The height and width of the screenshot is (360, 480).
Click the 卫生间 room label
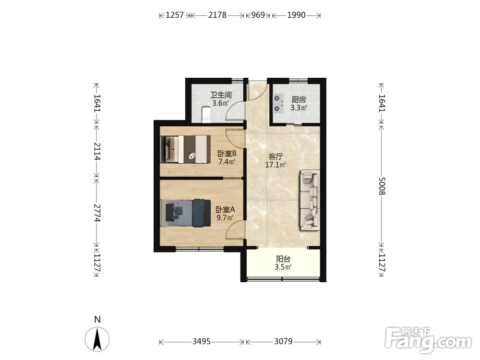click(x=220, y=95)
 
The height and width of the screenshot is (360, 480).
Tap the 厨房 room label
click(x=299, y=100)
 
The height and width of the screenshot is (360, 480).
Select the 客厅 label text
click(x=276, y=157)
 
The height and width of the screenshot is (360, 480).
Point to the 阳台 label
click(x=283, y=259)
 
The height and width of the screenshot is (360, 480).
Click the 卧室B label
click(x=227, y=154)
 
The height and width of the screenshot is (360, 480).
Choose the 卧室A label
click(x=225, y=210)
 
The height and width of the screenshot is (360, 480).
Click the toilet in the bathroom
click(x=206, y=115)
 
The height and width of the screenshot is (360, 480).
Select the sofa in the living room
click(x=310, y=200)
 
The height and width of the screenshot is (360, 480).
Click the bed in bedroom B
click(x=185, y=149)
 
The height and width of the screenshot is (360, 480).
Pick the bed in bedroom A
click(x=185, y=213)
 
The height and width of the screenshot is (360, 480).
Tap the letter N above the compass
click(x=97, y=320)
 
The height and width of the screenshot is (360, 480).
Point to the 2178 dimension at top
click(x=217, y=15)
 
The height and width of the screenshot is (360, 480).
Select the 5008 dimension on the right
click(x=382, y=186)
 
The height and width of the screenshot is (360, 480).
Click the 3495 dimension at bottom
click(x=202, y=341)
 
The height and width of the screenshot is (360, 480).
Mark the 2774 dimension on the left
click(x=97, y=213)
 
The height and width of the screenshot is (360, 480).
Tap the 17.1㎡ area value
click(x=276, y=165)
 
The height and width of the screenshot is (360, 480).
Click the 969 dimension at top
click(x=258, y=15)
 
